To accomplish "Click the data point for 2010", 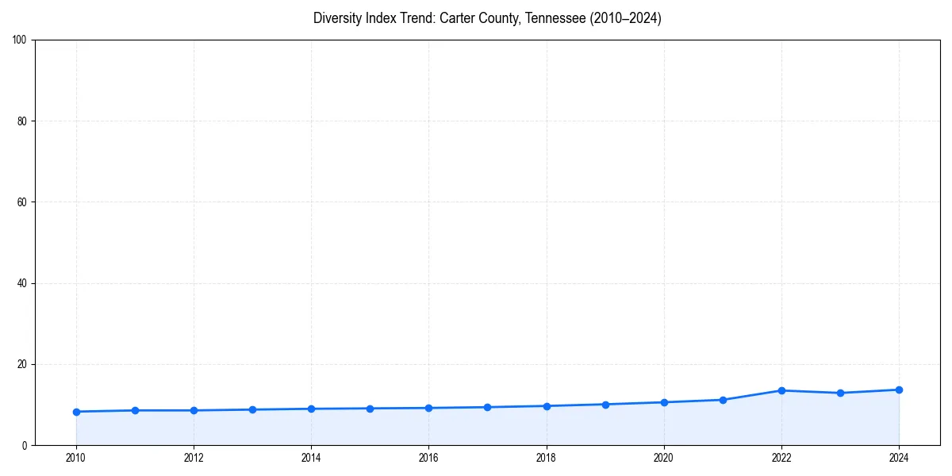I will pos(76,412).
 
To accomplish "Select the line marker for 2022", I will pos(781,390).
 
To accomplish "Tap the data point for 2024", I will pos(899,390).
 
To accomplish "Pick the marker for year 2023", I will pos(840,393).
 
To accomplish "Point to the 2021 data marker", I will pos(723,400).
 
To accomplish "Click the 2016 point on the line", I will pos(428,408).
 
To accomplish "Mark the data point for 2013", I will pos(252,409).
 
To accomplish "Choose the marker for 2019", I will pos(605,405).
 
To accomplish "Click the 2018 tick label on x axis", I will pos(546,457).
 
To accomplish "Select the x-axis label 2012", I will pos(194,457).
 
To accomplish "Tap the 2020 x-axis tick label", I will pos(663,457).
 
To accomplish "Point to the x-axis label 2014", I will pos(311,457).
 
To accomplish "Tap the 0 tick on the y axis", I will pos(25,445).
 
